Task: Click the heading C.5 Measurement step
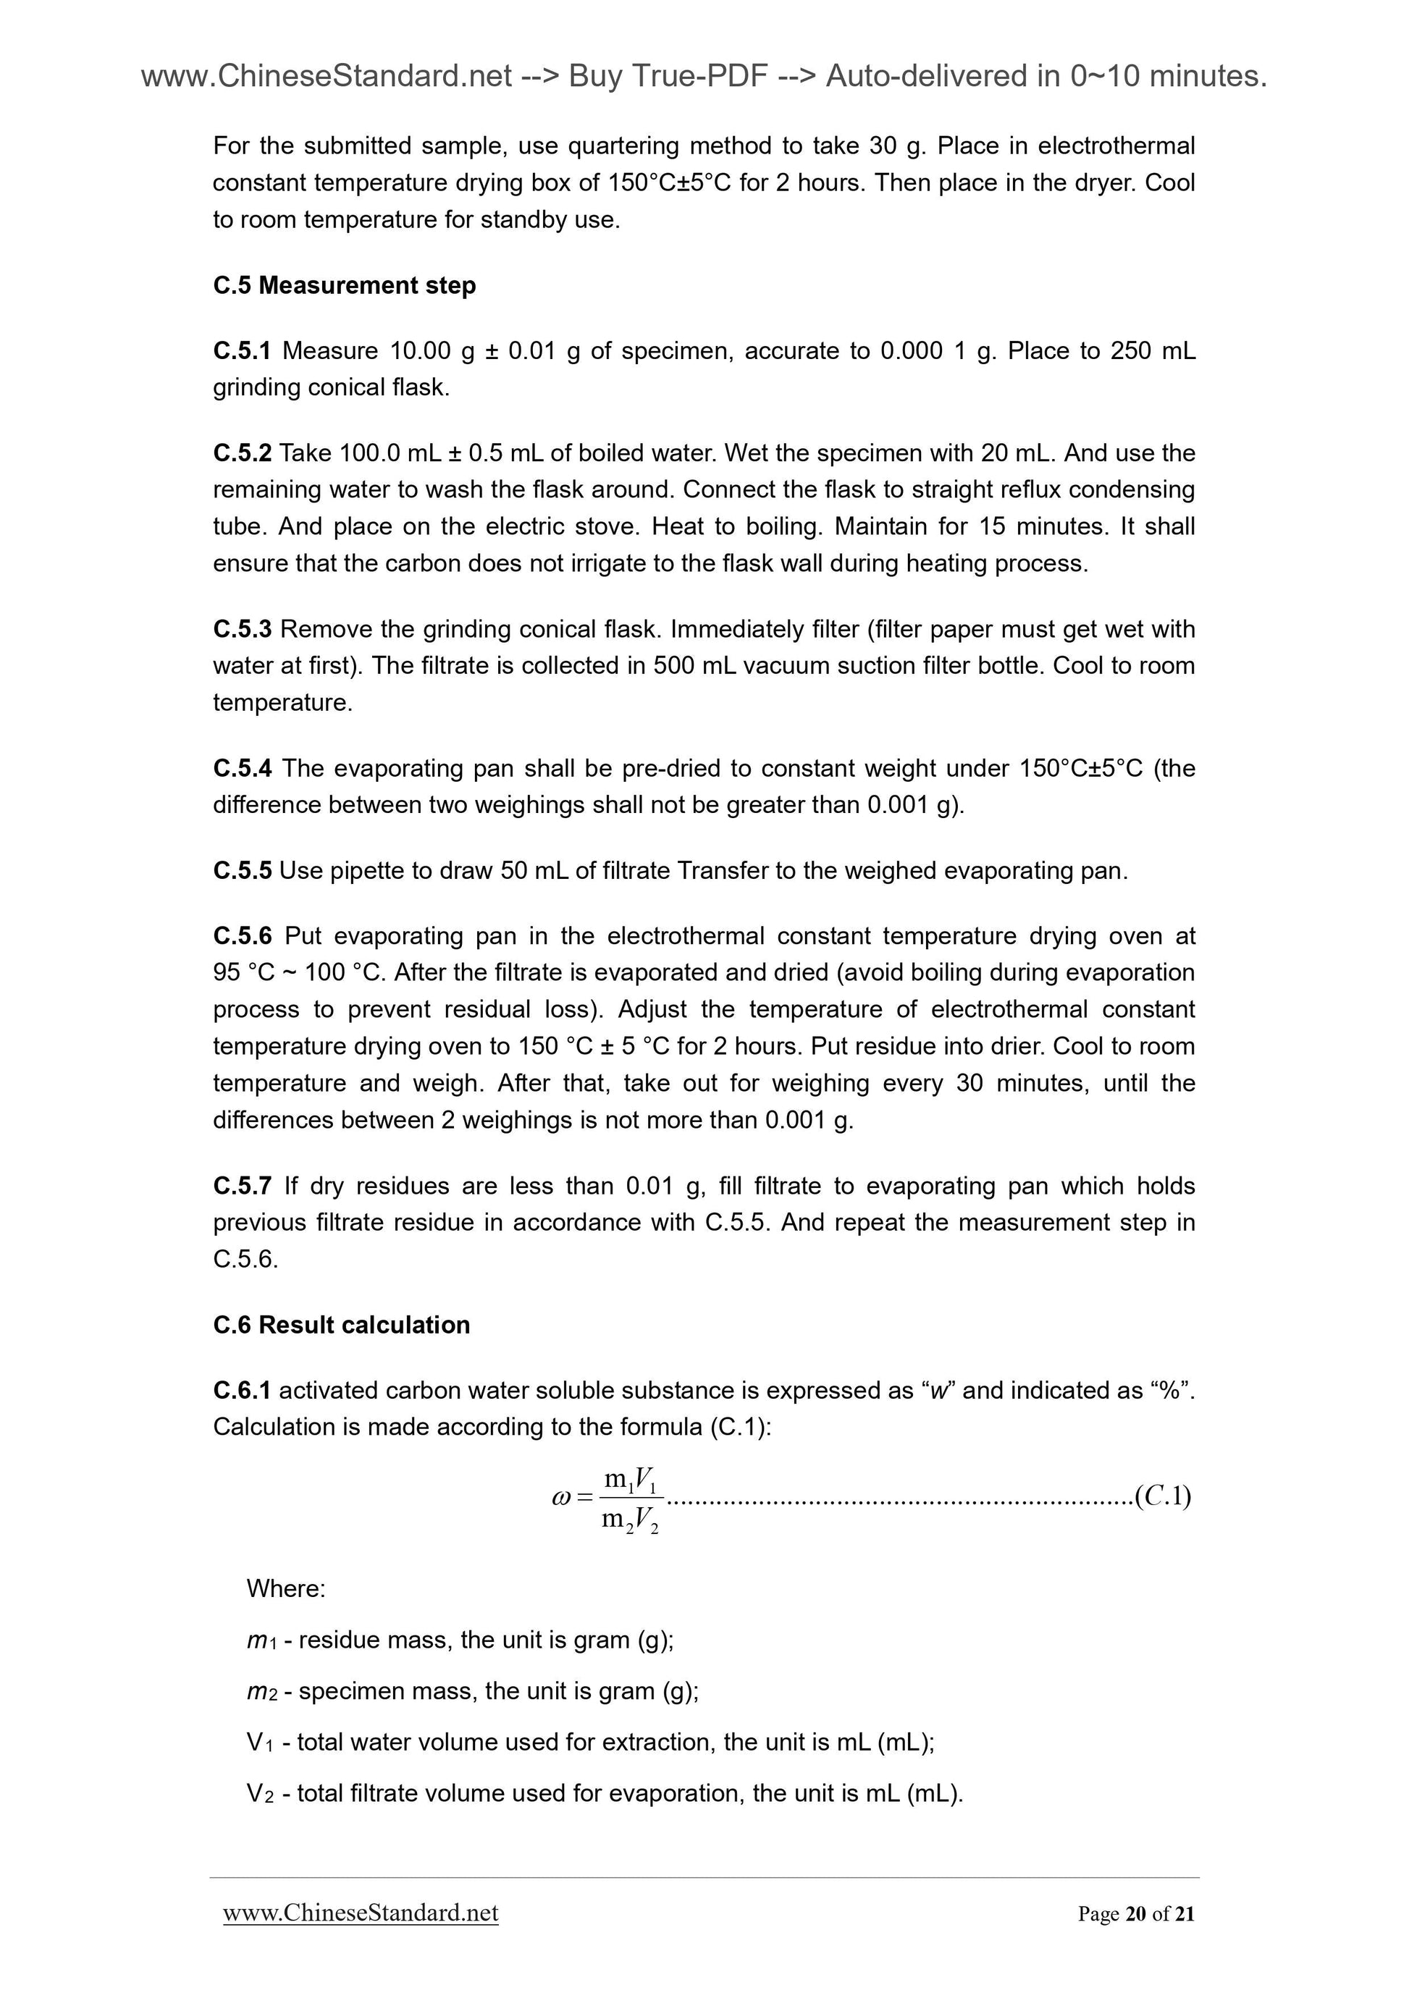(344, 285)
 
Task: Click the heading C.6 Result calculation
(341, 1325)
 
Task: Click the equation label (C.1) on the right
(1162, 1496)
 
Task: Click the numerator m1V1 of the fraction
(631, 1478)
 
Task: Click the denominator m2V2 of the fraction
(631, 1519)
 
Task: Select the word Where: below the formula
(285, 1588)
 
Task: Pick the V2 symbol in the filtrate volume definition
(261, 1793)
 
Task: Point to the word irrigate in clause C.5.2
(597, 564)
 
